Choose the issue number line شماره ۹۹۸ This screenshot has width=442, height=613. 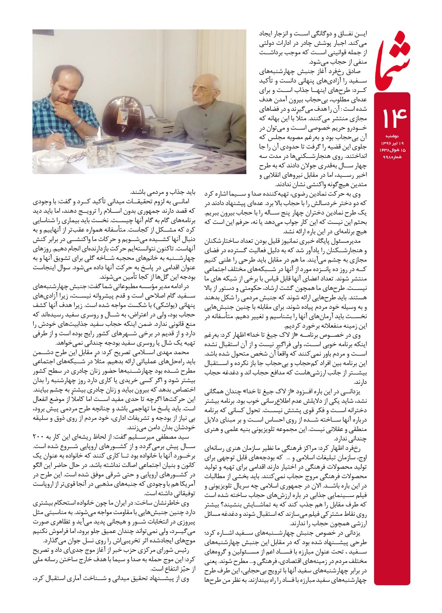(391, 156)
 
